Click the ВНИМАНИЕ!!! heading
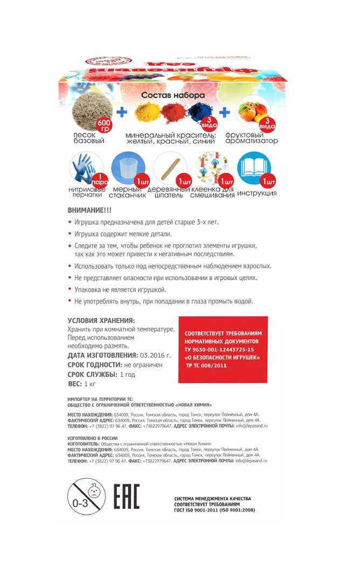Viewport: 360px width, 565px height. pos(89,210)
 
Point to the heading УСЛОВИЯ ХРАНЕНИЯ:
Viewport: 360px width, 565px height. pos(102,320)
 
